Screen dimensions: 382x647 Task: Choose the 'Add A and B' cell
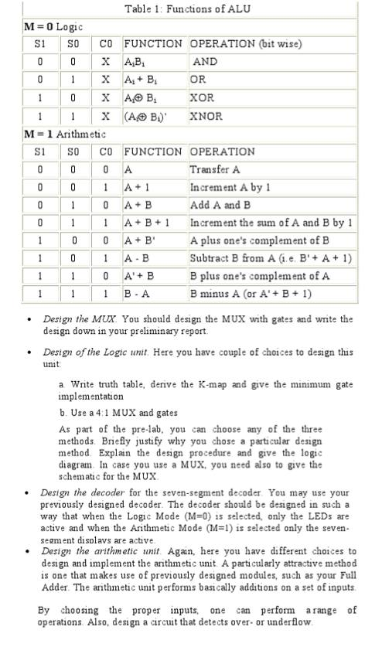(220, 205)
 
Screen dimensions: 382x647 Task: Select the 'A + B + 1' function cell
(145, 223)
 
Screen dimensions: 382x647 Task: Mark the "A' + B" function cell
(139, 276)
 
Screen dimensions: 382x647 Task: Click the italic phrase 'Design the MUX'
(69, 318)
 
